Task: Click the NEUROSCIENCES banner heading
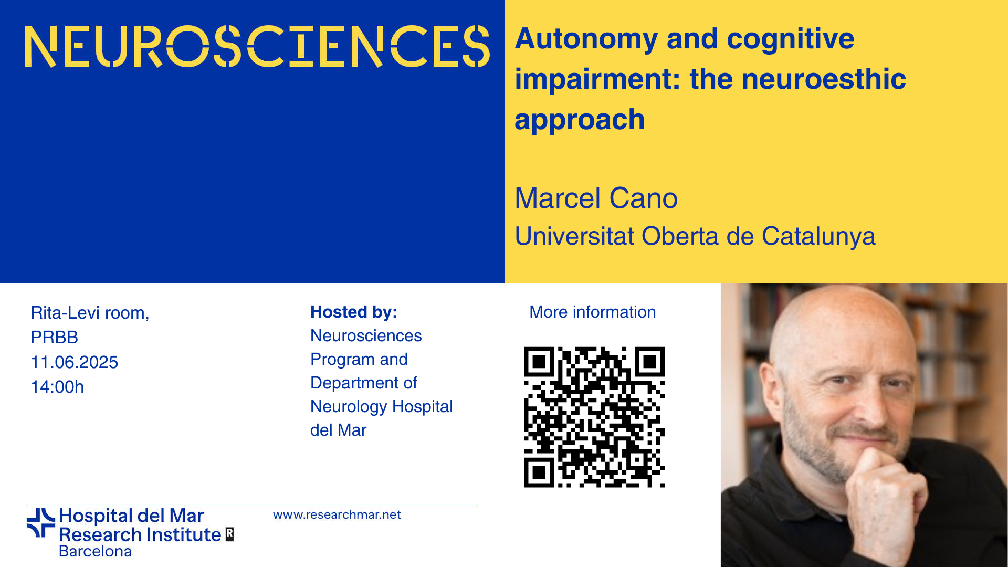click(257, 46)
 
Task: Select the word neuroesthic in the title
click(824, 79)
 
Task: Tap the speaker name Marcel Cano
click(596, 198)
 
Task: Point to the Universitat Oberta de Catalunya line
click(695, 236)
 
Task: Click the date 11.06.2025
click(75, 362)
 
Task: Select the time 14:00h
click(57, 387)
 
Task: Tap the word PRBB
click(55, 338)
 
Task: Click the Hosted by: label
click(354, 312)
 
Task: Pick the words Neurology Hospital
click(382, 406)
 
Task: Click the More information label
click(593, 312)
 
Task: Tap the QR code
click(594, 417)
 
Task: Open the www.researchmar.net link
click(337, 515)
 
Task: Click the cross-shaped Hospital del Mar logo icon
click(41, 523)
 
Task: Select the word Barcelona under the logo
click(95, 551)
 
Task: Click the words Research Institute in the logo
click(140, 534)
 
